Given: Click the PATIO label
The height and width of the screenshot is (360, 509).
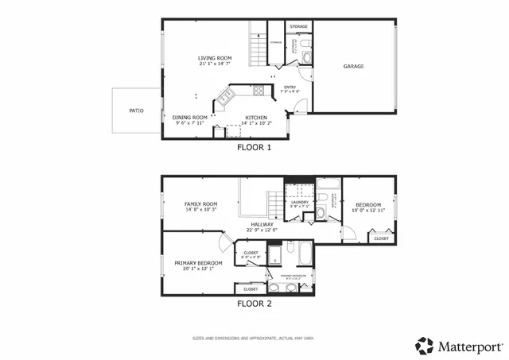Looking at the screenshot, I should (x=137, y=110).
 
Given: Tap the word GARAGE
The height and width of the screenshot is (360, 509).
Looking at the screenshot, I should (x=353, y=67).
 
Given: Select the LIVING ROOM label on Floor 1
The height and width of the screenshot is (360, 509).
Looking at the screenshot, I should (x=215, y=58).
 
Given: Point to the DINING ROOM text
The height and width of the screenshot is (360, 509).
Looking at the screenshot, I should (x=190, y=118).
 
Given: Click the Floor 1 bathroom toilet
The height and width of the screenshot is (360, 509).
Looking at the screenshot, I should (x=307, y=57).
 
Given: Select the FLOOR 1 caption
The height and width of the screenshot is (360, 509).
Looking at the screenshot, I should (x=254, y=147).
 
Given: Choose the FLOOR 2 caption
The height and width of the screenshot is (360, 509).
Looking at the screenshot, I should (x=254, y=304).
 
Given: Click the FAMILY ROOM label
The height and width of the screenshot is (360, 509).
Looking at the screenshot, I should (x=200, y=204).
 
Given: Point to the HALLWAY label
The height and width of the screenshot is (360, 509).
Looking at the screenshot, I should (x=262, y=225).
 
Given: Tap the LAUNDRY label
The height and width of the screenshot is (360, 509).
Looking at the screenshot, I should (x=299, y=202).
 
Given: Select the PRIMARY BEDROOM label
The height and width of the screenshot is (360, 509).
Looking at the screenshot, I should (x=198, y=262).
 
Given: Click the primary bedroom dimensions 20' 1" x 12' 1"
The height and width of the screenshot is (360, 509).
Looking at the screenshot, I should (x=198, y=269).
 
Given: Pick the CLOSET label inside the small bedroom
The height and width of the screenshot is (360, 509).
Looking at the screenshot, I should (x=382, y=238).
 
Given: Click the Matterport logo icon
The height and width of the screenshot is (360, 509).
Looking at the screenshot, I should (x=425, y=346).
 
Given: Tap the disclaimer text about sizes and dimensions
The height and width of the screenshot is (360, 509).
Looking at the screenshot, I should (x=254, y=338).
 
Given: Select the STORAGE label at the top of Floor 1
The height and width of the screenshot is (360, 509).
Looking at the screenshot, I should (x=298, y=27).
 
